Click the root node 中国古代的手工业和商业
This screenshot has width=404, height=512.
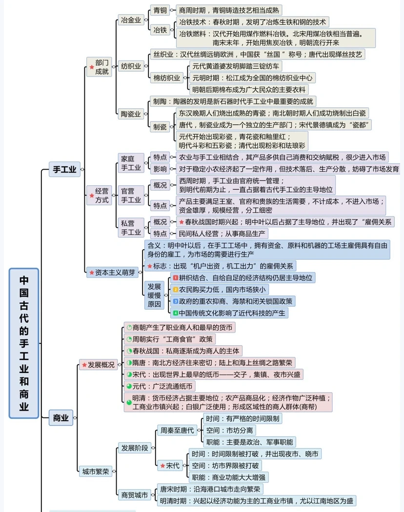(23, 343)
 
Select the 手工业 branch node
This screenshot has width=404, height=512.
(64, 169)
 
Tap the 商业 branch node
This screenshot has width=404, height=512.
(61, 417)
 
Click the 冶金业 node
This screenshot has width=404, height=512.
(131, 20)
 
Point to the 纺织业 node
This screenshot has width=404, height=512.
(131, 66)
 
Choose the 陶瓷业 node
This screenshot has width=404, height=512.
(131, 114)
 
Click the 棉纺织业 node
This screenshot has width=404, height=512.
(167, 78)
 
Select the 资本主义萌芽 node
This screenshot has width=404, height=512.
(112, 272)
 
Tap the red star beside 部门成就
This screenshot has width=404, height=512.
(92, 67)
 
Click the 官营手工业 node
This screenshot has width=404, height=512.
(131, 195)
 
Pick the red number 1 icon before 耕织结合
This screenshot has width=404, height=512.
(175, 277)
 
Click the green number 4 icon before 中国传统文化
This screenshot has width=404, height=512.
(175, 313)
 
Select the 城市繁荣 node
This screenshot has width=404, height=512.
(96, 471)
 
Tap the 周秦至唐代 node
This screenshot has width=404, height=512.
(177, 430)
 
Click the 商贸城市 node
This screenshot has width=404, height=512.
(135, 494)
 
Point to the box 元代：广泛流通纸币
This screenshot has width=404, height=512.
(160, 386)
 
